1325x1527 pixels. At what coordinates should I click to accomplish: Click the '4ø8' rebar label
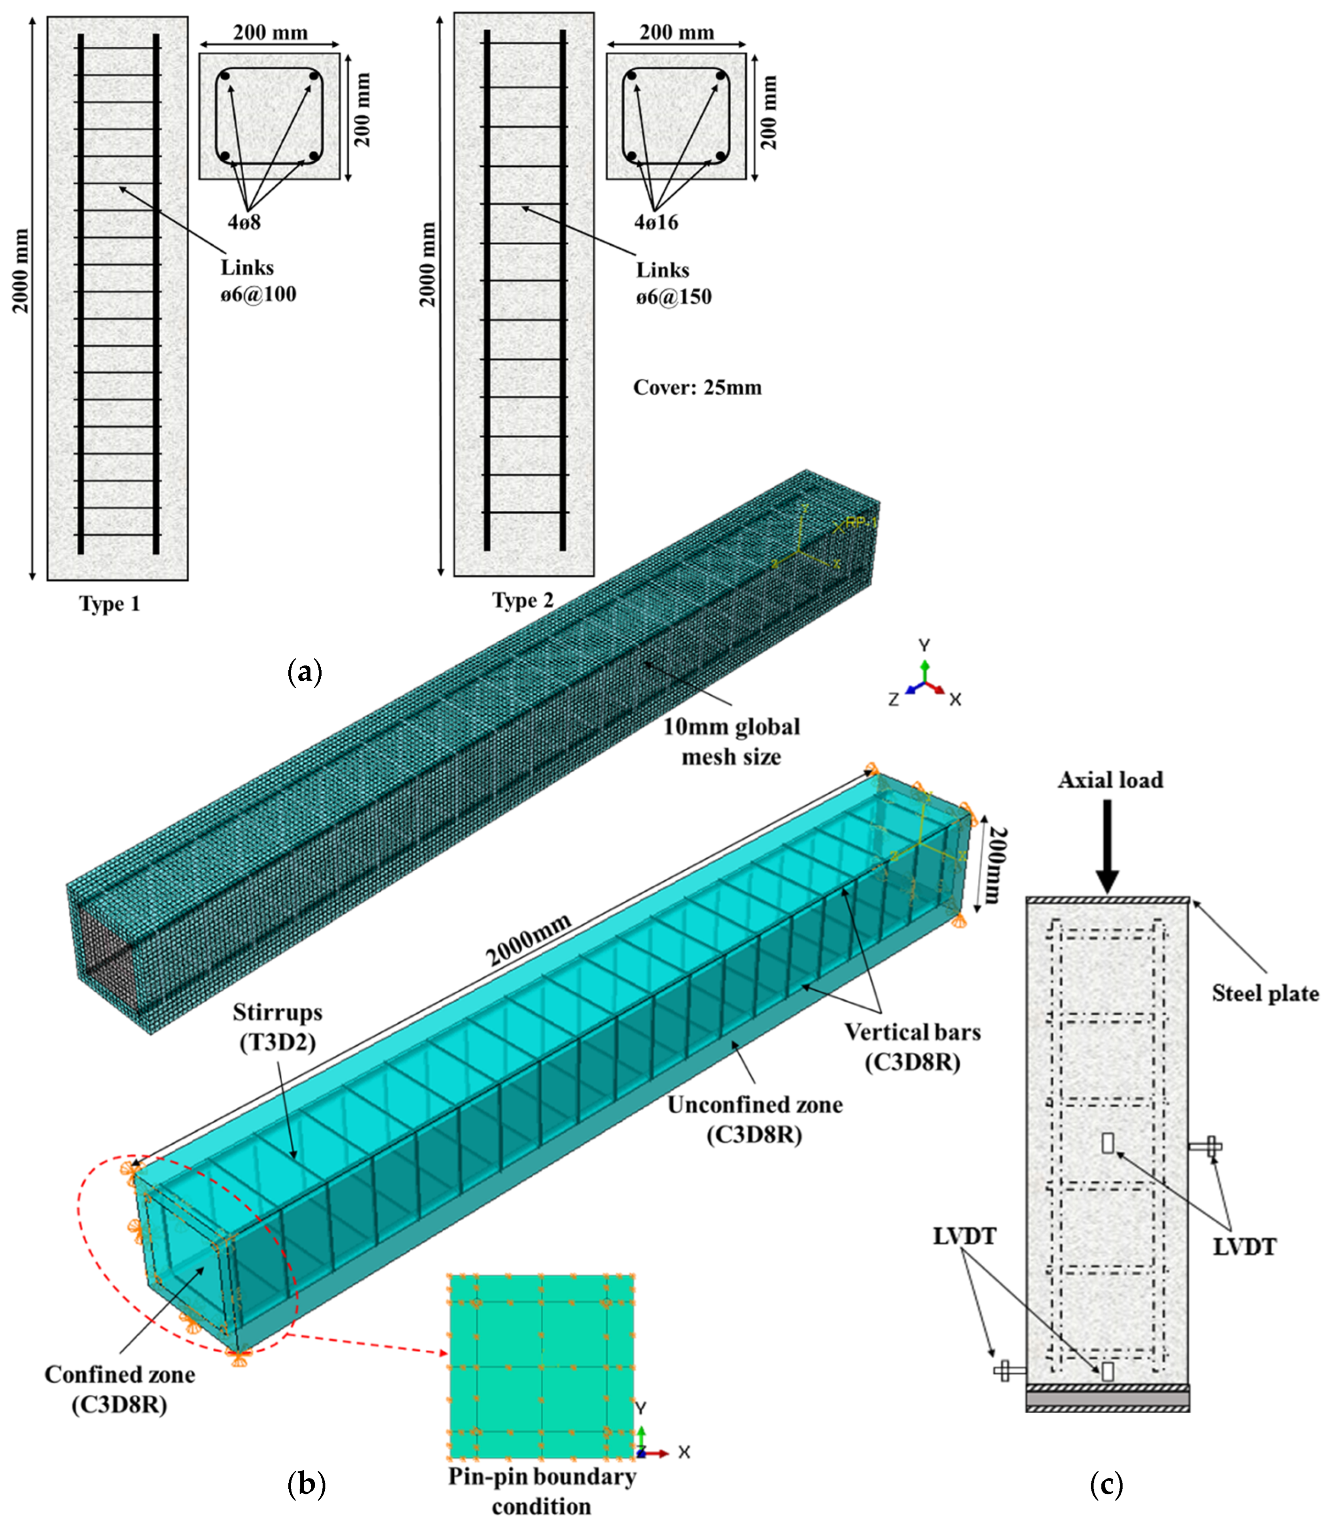[244, 222]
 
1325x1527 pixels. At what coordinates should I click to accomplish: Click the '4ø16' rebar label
[656, 222]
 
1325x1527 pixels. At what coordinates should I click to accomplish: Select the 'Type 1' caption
[110, 604]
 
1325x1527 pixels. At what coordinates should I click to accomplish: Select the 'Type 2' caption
[523, 600]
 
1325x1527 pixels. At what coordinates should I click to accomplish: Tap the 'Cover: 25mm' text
[697, 388]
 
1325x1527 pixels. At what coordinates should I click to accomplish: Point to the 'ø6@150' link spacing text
[674, 297]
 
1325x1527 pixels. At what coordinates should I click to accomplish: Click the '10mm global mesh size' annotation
[730, 742]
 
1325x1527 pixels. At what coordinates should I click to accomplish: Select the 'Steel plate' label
[1264, 993]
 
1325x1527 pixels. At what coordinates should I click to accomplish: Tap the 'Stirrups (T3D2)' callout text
[277, 1027]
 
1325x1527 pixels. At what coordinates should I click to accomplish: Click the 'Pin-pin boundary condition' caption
[541, 1491]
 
